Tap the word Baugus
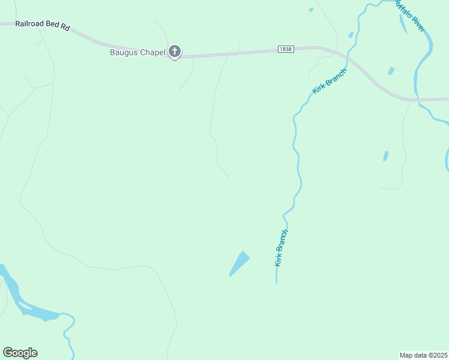123,52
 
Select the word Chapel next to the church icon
151,52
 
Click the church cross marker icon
175,52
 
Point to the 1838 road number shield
286,49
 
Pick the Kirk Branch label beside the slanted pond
282,247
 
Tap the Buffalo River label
411,17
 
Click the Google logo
20,353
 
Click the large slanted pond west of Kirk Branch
240,263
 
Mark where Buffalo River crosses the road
417,100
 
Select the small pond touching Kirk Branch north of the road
351,35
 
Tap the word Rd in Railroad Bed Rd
65,28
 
